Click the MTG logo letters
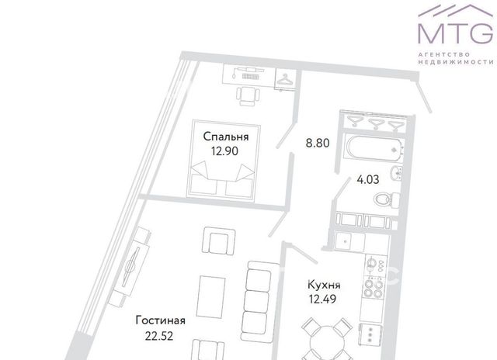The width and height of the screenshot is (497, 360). tap(456, 33)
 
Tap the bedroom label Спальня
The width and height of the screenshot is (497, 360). tap(226, 137)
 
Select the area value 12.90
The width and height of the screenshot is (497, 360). tap(224, 151)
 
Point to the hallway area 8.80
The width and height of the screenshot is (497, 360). tap(318, 143)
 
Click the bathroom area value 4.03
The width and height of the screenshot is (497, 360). tap(368, 179)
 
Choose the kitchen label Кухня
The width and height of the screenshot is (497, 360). tap(324, 285)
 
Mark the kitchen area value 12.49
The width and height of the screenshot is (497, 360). tap(323, 299)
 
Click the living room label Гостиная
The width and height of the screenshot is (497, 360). tap(161, 320)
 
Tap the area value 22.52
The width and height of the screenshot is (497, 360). tap(159, 336)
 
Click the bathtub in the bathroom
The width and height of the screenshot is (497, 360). tap(374, 147)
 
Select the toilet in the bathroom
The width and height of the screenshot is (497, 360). tap(387, 200)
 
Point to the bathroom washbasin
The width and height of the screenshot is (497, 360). tap(397, 173)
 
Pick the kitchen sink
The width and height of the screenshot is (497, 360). tap(349, 242)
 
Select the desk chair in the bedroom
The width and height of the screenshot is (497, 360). tap(248, 96)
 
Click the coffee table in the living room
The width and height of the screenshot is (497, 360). tap(210, 296)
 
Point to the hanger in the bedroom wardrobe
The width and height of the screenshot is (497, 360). tap(286, 79)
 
